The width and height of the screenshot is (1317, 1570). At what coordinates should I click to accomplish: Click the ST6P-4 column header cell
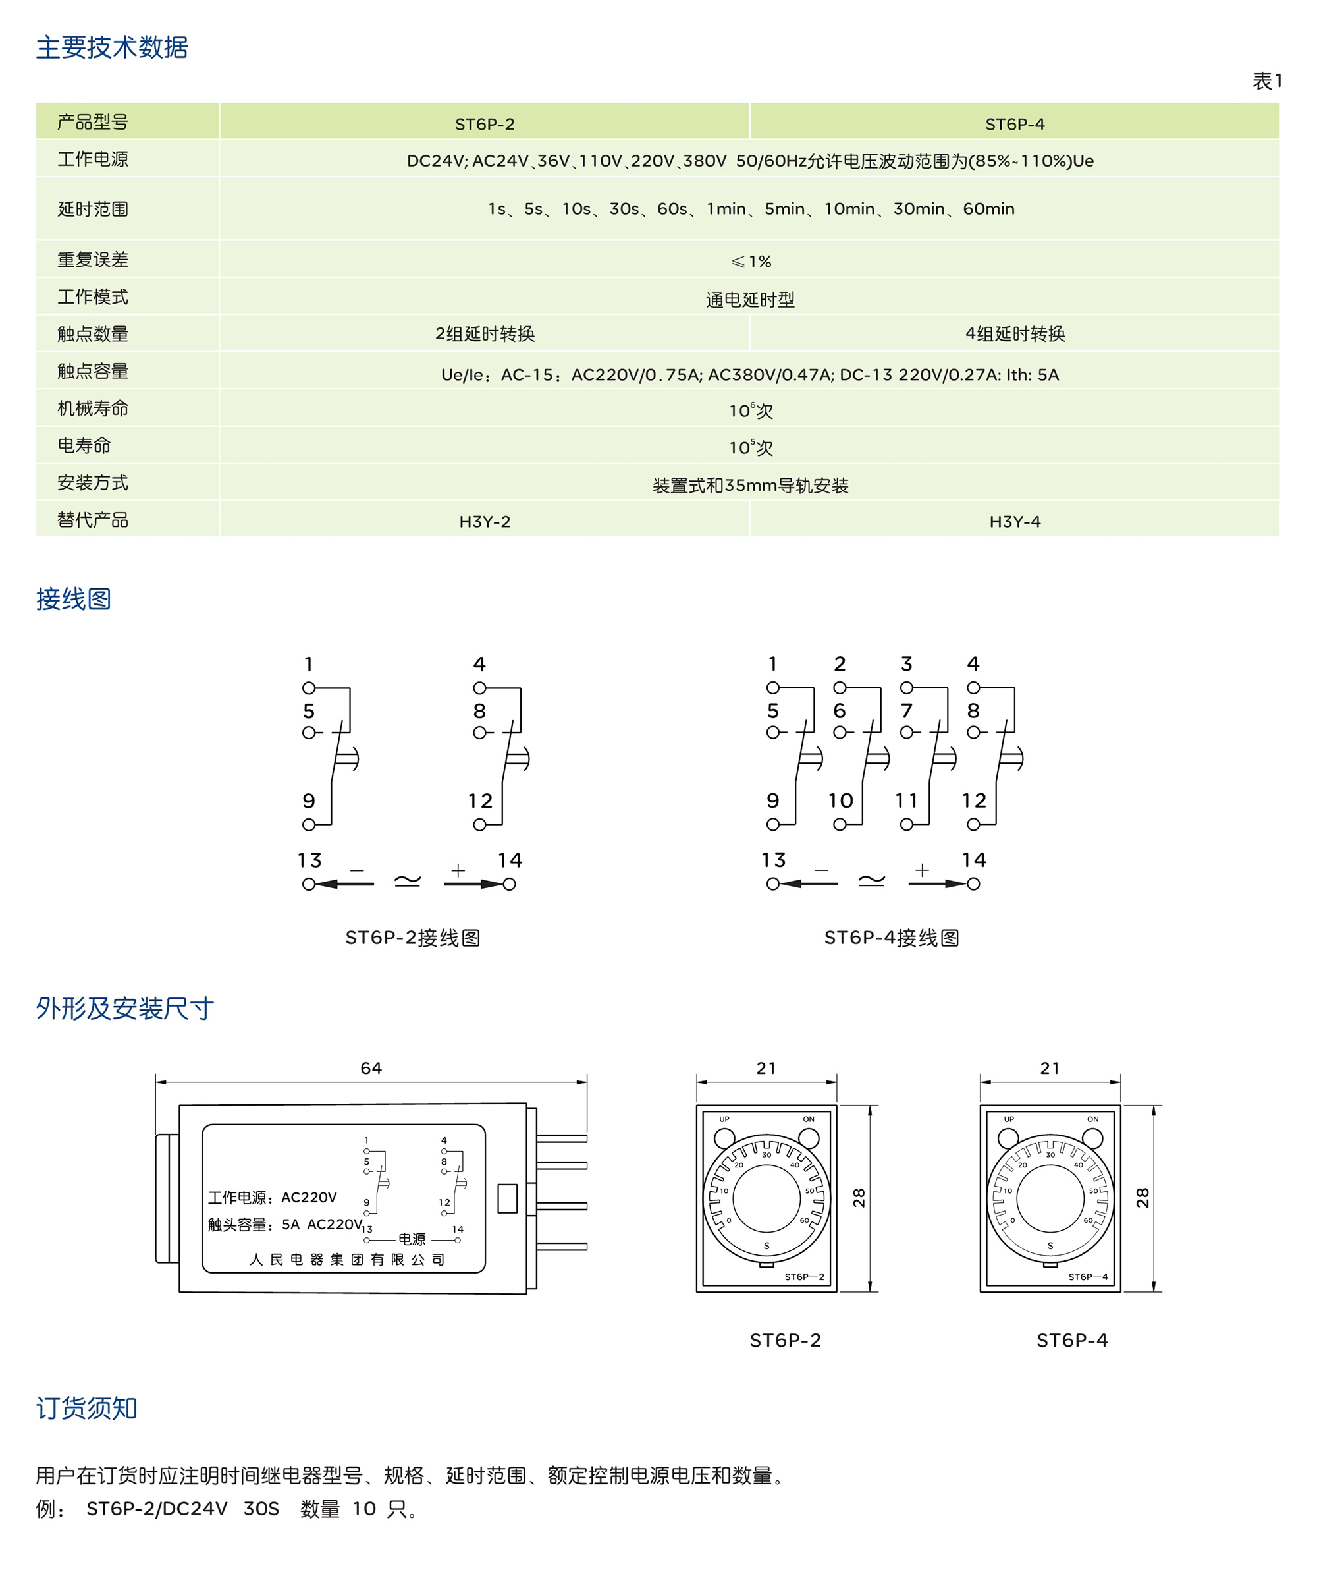pos(1014,124)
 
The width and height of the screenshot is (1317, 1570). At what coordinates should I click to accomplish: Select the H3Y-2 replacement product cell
pos(485,522)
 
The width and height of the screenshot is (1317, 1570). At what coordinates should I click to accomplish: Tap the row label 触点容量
pos(93,371)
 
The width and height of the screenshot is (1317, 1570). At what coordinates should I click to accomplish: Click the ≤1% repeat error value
pos(751,262)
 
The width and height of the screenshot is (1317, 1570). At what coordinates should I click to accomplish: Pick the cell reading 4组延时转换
pos(1014,334)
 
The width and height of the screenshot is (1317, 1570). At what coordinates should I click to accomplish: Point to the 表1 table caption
pos(1267,81)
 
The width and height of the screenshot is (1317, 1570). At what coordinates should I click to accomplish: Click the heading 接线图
pos(73,599)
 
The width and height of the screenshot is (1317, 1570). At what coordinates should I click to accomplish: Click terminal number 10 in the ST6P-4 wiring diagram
pos(840,800)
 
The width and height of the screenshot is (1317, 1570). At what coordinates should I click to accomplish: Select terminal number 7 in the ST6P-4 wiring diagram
pos(906,710)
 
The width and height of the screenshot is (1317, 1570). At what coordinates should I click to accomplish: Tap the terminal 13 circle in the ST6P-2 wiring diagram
pos(309,884)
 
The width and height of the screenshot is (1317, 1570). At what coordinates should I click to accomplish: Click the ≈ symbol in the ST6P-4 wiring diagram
pos(871,881)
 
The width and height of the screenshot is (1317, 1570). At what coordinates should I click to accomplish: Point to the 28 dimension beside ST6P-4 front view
pos(1142,1198)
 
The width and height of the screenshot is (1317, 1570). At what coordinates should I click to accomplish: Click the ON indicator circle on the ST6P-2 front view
pos(808,1138)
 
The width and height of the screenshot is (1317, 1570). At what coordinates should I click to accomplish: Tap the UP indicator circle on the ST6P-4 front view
pos(1008,1138)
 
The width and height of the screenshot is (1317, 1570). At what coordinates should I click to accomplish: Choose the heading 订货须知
pos(87,1409)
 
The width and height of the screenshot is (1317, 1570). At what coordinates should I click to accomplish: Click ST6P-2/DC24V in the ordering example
pos(157,1509)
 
